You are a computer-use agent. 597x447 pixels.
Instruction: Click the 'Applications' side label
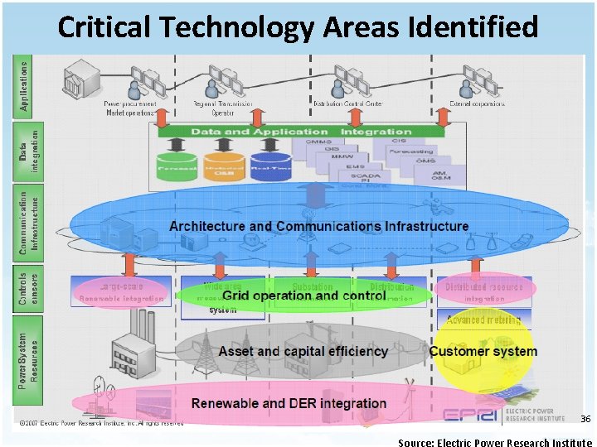(25, 85)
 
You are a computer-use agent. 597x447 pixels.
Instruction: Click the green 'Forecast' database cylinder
(177, 161)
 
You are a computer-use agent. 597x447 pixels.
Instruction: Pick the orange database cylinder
(221, 161)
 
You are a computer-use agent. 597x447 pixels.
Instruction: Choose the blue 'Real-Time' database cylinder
(269, 161)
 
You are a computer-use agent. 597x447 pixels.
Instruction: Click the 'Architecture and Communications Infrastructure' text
(318, 226)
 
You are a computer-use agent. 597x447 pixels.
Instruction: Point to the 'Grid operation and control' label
(304, 296)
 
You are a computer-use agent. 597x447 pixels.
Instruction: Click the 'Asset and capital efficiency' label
(303, 351)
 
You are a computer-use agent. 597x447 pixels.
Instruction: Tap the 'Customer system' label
(483, 351)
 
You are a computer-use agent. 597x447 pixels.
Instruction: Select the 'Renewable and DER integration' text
(289, 403)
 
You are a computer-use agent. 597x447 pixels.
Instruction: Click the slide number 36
(585, 419)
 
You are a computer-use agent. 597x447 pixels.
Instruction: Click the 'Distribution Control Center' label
(347, 103)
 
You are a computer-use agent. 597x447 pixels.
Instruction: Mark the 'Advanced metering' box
(483, 320)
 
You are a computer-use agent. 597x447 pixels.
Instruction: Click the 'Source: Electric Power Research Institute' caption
(495, 442)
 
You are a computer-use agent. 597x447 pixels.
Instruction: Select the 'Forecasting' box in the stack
(412, 151)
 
